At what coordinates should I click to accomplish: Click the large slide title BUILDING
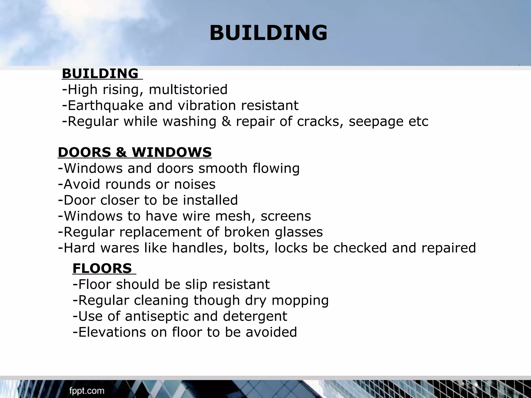point(268,33)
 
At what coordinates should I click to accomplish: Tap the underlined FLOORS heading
point(102,268)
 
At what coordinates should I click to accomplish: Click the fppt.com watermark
point(87,391)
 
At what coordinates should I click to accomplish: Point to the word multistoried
point(188,90)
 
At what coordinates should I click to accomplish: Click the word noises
point(194,184)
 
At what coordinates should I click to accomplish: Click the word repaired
point(449,248)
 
